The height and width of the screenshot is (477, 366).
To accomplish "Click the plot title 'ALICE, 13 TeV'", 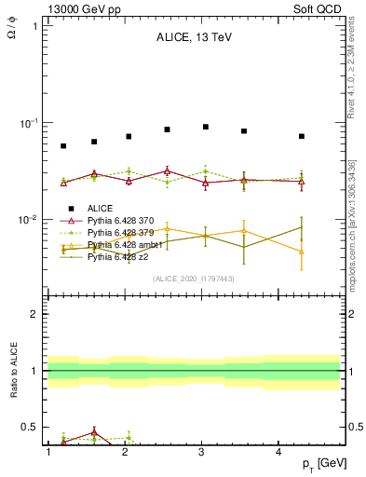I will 193,38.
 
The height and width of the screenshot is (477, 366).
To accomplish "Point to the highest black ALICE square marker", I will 206,127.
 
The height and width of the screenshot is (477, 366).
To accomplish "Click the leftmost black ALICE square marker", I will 63,146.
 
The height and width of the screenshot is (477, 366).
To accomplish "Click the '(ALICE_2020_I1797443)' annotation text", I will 193,279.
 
